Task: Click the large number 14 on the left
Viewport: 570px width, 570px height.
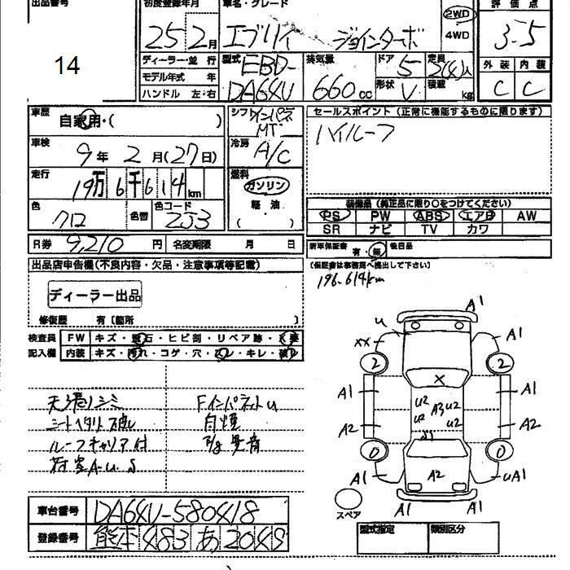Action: coord(68,66)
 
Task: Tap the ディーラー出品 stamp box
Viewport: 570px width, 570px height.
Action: coord(95,294)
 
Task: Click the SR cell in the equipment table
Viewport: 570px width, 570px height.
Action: coord(330,230)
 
